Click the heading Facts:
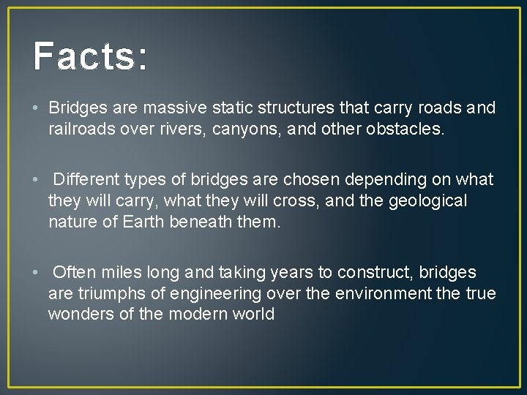(90, 56)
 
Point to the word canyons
(245, 129)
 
